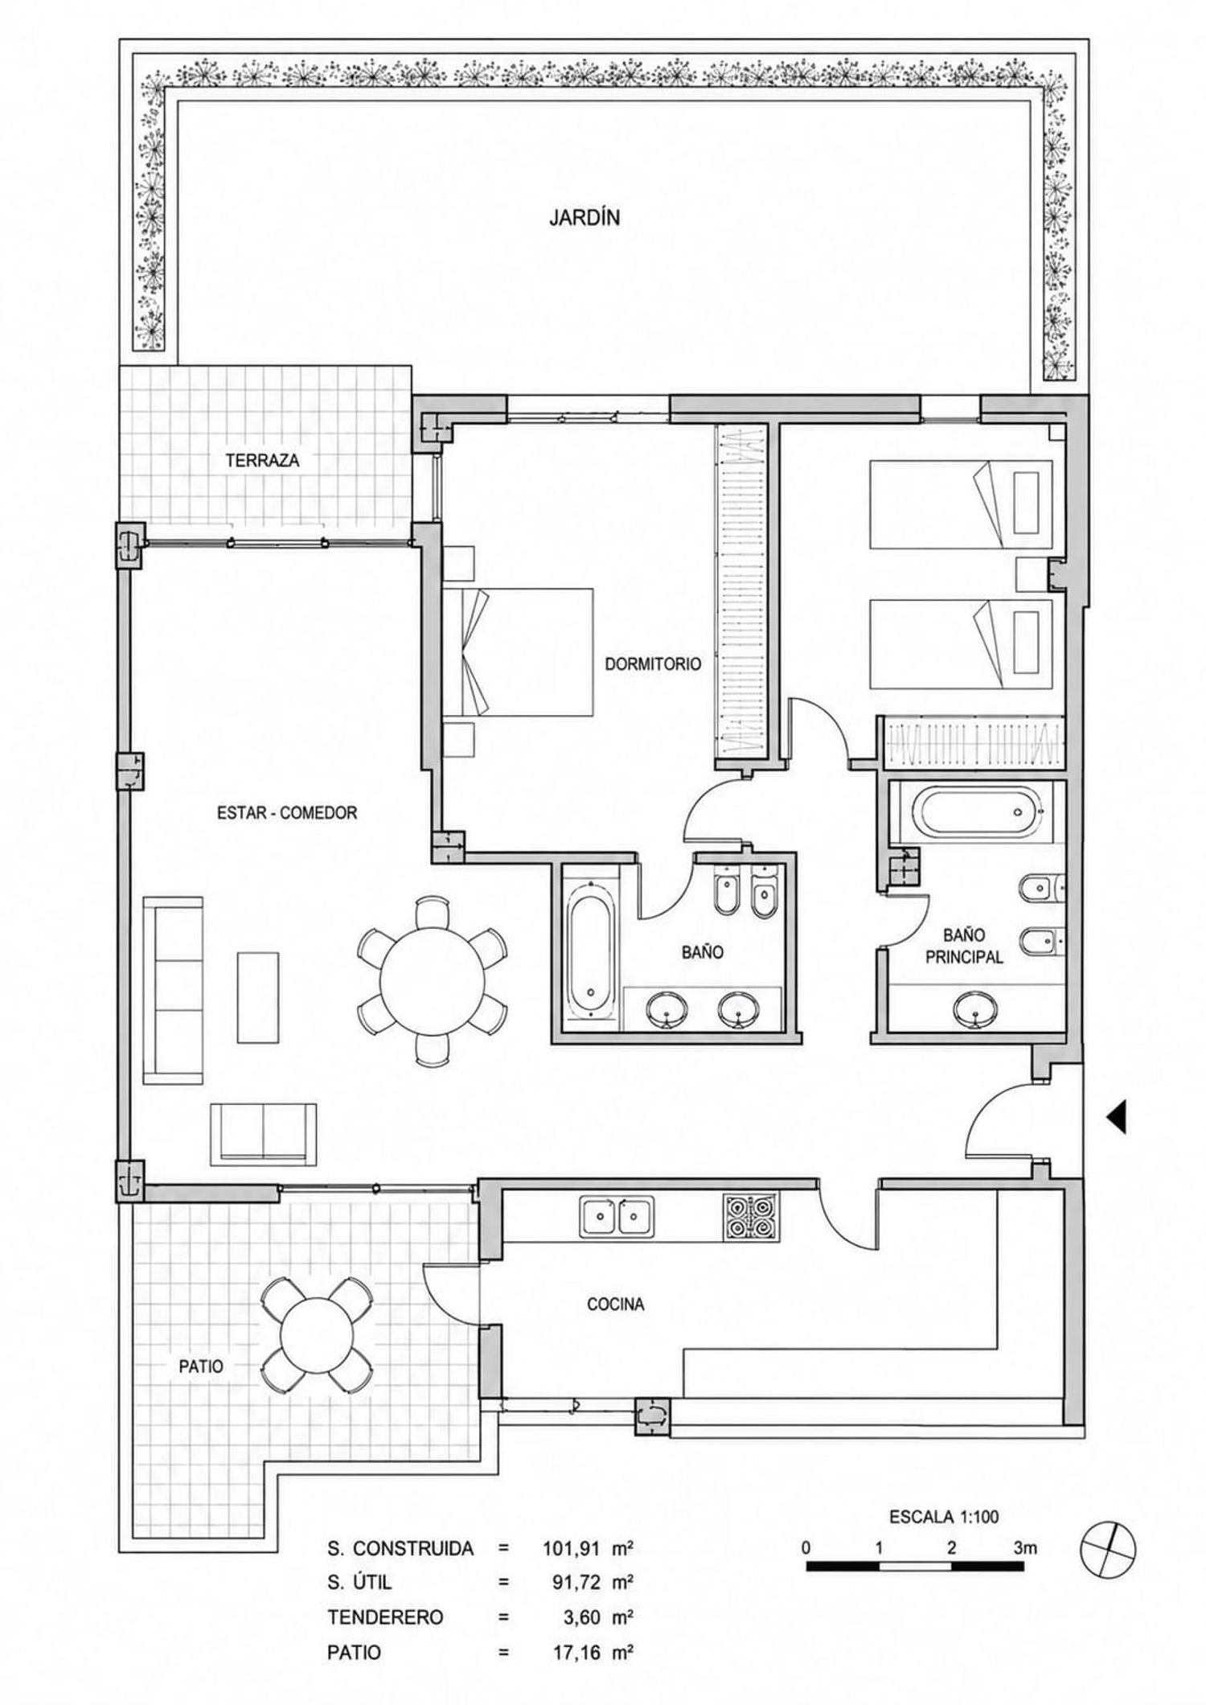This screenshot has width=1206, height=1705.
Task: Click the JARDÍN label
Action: point(585,218)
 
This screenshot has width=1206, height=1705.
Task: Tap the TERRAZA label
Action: point(262,461)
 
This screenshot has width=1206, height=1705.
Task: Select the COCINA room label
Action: point(615,1304)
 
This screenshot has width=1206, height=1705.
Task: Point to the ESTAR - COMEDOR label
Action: point(287,813)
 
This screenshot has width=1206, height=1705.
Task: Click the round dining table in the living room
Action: point(433,981)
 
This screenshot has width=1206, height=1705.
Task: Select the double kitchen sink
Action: point(617,1215)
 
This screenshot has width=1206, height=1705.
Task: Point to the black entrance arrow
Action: point(1116,1116)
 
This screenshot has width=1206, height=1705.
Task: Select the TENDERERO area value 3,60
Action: point(582,1617)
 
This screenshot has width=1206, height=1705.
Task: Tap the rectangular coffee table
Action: point(258,997)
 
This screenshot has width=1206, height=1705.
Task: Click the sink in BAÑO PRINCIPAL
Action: point(976,1009)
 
